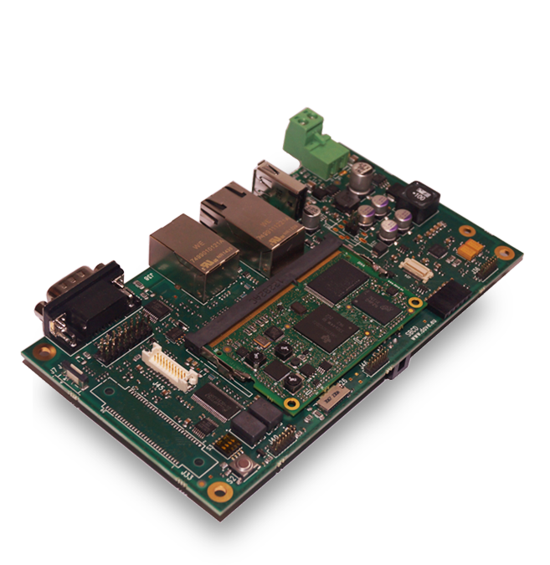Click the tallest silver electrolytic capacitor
coord(362,177)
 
